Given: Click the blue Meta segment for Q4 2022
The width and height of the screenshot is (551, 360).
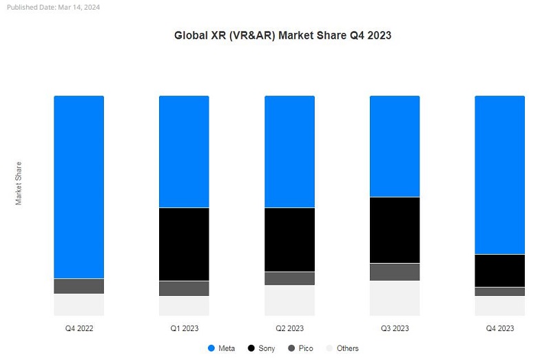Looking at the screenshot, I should coord(79,187).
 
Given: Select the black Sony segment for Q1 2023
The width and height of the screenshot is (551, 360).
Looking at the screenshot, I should coord(184,244).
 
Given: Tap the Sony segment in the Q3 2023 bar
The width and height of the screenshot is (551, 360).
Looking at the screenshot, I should coord(395,230).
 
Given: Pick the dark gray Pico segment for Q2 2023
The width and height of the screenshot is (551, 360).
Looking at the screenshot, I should coord(289,278).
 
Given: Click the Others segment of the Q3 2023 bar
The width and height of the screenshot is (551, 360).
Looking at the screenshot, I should coord(395,297).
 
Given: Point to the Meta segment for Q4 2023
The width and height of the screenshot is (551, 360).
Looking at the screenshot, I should coord(500,175).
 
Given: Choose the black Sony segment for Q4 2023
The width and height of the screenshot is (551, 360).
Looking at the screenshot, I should coord(500,271).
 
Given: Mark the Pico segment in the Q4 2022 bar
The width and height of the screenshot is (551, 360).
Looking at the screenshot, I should coord(79,286).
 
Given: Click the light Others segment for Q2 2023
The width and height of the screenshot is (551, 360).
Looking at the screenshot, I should coord(289,300).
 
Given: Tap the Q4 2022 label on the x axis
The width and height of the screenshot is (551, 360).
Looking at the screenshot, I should coord(79,328).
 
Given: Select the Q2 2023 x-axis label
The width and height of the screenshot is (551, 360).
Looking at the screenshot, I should coord(289,328).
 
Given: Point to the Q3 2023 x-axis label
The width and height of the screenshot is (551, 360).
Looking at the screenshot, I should coord(395,328).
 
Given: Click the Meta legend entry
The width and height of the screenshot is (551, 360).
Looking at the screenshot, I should coord(221,348).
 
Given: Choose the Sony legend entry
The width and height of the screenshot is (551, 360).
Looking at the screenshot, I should coord(261,348).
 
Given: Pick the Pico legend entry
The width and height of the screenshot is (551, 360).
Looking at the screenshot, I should coord(301,348).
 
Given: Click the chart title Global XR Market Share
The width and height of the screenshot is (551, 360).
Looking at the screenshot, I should coord(282,35).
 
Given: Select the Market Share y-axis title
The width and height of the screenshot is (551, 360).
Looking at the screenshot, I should coord(19,183).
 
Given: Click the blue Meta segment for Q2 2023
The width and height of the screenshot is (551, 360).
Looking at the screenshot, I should coord(289,151).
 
